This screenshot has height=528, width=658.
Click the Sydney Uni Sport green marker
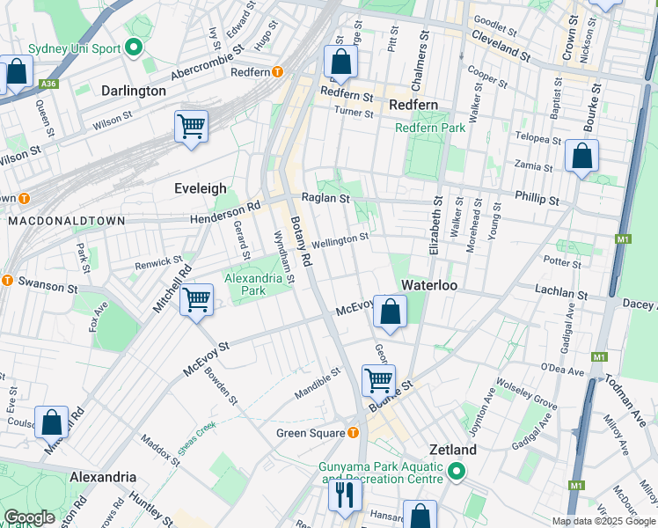point(135,48)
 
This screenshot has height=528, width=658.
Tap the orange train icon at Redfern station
point(278,72)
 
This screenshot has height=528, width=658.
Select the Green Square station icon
point(353,432)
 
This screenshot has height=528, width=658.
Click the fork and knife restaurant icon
point(344,495)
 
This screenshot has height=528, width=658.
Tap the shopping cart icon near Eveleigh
point(191,126)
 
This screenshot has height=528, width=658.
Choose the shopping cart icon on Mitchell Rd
point(196,299)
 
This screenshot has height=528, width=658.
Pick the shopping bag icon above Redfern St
point(340,62)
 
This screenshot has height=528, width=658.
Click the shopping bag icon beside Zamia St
point(581,157)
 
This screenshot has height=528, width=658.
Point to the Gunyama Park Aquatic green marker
point(456,473)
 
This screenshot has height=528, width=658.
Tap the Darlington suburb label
point(134,91)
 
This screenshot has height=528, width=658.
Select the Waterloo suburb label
point(427,285)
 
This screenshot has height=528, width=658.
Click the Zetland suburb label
point(452,450)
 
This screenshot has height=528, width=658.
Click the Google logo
point(29,517)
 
